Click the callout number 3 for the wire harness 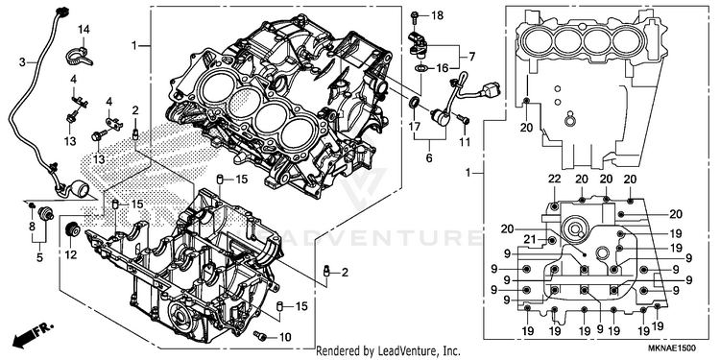tap(22, 62)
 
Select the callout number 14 tap(84, 30)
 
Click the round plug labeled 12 tap(73, 228)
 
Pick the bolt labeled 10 tap(261, 337)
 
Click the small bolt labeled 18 tap(414, 17)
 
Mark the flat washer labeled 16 tap(420, 69)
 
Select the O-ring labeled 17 tap(414, 102)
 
